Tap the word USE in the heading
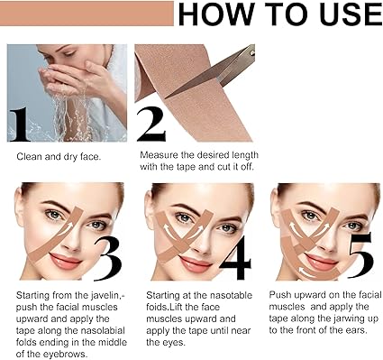[x=351, y=14]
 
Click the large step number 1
[x=20, y=125]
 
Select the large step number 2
[x=151, y=125]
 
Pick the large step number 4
[x=235, y=258]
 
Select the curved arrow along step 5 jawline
[x=311, y=272]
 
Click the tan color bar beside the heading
[x=87, y=14]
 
